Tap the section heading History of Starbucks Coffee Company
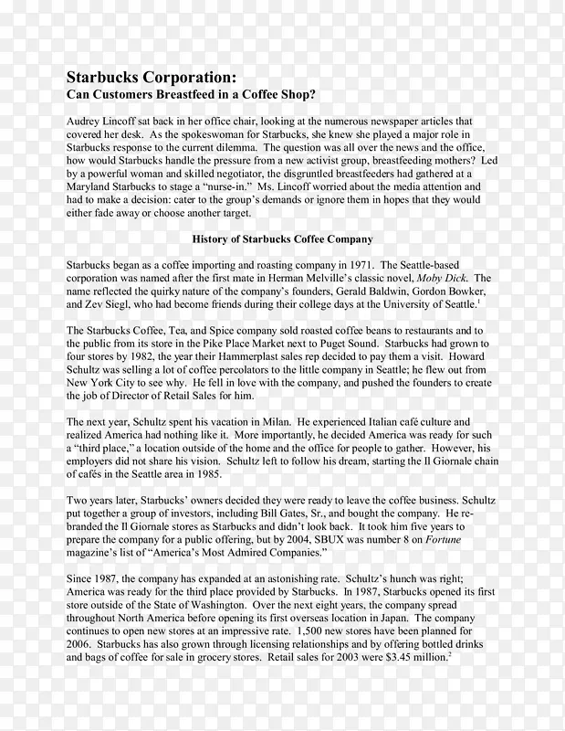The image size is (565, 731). [x=283, y=238]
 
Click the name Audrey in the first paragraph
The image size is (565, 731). [x=87, y=121]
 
